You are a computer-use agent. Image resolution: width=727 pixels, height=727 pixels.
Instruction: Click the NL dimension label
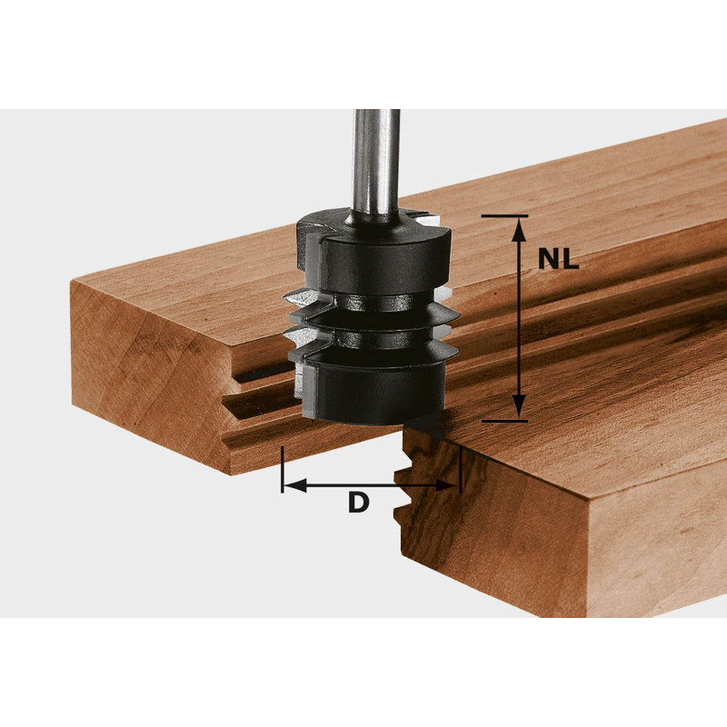pos(558,260)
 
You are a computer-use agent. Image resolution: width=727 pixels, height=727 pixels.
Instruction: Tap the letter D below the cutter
pos(359,502)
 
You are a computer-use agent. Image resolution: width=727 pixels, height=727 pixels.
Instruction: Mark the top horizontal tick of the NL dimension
pos(505,216)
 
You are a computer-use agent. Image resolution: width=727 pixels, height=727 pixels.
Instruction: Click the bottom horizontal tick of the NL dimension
pos(505,421)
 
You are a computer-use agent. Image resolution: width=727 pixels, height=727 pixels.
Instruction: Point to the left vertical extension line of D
pos(283,469)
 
